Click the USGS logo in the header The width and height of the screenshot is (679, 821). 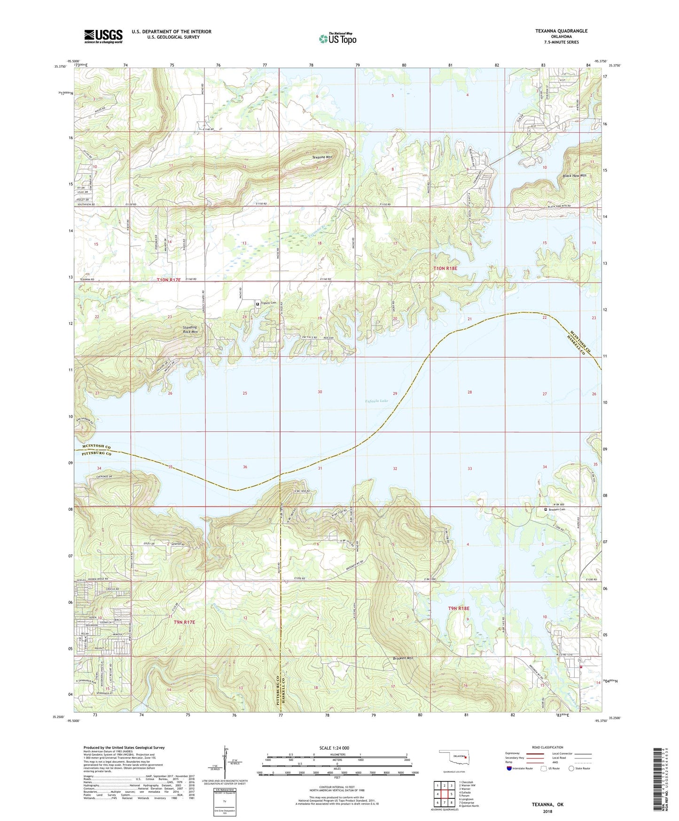tap(103, 36)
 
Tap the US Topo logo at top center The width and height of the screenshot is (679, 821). tap(337, 39)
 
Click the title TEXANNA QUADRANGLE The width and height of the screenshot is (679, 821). tap(561, 31)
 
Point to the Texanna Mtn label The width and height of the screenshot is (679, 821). tap(322, 158)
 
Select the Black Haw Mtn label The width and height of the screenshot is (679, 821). tap(574, 175)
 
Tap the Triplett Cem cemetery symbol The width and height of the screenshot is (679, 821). tap(258, 305)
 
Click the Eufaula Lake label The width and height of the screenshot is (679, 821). tap(376, 401)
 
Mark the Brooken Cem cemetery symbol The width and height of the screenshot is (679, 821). tap(546, 509)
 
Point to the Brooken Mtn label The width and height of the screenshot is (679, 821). tap(403, 658)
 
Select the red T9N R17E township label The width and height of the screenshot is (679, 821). tap(184, 622)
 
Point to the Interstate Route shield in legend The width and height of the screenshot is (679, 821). tap(510, 768)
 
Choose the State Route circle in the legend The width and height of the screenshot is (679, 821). tap(571, 768)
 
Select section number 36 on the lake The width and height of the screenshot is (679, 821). tap(245, 467)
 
